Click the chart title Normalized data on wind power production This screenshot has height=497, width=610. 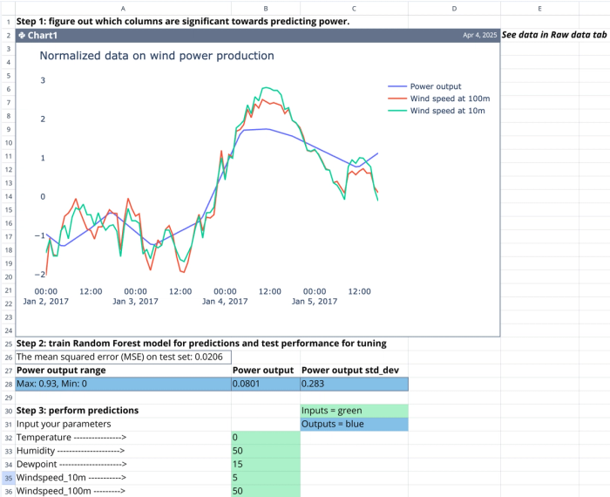pos(157,56)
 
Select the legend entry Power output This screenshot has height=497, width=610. pos(436,86)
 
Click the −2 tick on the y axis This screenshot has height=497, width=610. pos(40,274)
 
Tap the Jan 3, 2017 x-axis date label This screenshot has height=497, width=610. pos(136,302)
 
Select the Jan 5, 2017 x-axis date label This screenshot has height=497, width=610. pos(315,302)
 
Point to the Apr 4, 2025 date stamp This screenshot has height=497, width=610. pos(481,36)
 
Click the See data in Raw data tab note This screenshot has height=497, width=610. pos(553,35)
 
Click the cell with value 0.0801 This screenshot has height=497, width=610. pos(265,384)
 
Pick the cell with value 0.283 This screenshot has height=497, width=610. pos(353,384)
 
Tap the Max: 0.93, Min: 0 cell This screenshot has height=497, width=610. pos(122,384)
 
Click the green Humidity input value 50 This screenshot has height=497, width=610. pos(265,451)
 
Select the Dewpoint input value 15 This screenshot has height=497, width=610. pos(265,465)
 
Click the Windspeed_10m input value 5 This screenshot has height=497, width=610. pos(265,478)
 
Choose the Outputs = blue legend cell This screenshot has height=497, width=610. pos(353,424)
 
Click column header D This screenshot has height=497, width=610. pos(455,8)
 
